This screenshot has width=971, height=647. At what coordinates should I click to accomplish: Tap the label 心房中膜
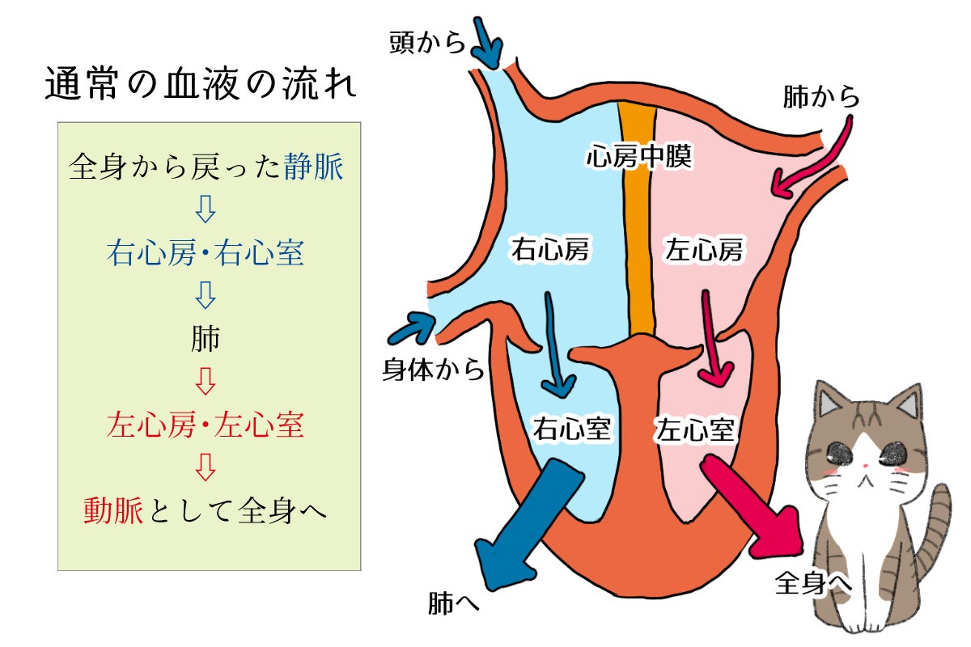tap(638, 156)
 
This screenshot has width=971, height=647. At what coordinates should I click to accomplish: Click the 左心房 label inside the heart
tap(703, 251)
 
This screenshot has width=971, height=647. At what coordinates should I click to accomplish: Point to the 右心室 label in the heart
tap(570, 428)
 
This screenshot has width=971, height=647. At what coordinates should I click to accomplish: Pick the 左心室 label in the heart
tap(696, 428)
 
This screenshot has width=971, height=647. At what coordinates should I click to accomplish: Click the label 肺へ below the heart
tap(454, 603)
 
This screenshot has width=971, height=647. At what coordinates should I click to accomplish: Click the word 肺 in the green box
tap(206, 340)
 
